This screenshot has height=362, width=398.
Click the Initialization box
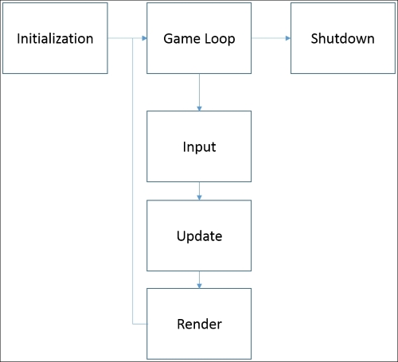coord(55,38)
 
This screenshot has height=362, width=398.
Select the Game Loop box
coord(199,38)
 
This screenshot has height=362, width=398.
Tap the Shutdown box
coord(343,38)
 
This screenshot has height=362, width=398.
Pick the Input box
coord(199,146)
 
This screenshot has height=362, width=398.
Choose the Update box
coord(199,235)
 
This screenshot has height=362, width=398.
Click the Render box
coord(199,324)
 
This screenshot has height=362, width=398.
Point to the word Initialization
coord(55,38)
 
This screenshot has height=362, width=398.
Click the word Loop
coord(220,39)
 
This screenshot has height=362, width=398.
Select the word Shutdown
coord(343,38)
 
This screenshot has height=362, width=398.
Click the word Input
coord(199,147)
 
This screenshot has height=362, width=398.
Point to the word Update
coord(200,236)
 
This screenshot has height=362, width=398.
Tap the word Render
coord(200,324)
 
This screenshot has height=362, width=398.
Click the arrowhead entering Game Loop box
coord(144,38)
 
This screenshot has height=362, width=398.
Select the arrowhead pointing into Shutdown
coord(288,38)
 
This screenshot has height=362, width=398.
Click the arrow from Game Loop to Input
coord(199,92)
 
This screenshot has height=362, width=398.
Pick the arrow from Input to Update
coord(199,191)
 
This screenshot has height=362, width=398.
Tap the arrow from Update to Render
coord(199,279)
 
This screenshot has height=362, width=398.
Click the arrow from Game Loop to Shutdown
coord(271,38)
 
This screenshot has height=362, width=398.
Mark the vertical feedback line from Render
coord(133,181)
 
